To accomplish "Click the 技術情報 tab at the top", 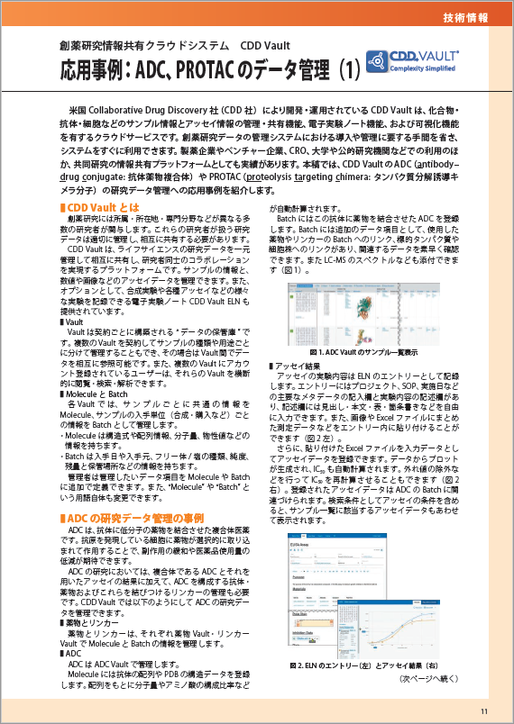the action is [x=466, y=18].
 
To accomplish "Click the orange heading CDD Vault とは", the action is [x=94, y=210].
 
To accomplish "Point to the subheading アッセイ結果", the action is [x=297, y=366].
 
